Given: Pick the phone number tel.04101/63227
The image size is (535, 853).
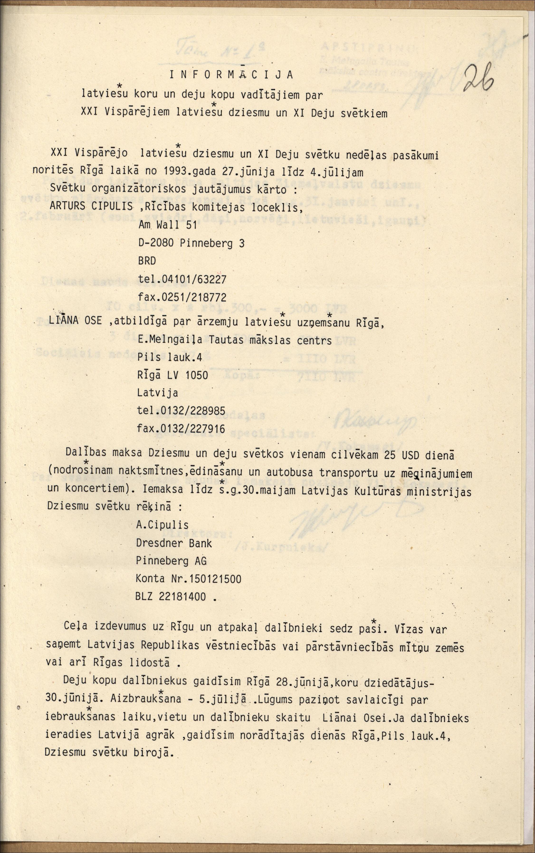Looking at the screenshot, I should click(x=182, y=279).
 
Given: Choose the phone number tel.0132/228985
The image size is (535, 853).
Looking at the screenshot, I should click(x=181, y=411).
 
